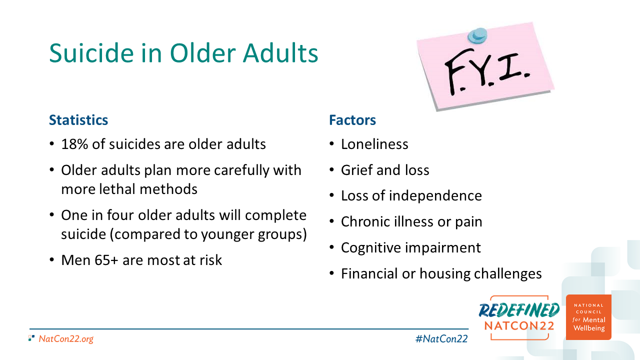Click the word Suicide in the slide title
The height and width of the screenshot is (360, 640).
91,53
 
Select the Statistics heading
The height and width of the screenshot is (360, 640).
78,120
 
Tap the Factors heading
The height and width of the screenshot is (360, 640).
352,120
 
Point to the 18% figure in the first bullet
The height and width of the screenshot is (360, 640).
74,144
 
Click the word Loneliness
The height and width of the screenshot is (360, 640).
374,144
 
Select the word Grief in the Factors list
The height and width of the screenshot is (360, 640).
357,170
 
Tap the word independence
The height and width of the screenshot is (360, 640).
435,196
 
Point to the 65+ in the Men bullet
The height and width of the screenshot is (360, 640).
106,260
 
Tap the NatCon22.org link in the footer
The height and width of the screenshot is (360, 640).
66,339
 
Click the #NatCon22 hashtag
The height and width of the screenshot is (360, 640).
441,339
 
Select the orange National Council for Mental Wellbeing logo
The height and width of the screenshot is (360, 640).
588,317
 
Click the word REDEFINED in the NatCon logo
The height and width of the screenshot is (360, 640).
519,310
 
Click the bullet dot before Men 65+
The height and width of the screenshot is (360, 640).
51,260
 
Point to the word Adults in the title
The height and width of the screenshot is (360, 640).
280,53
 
